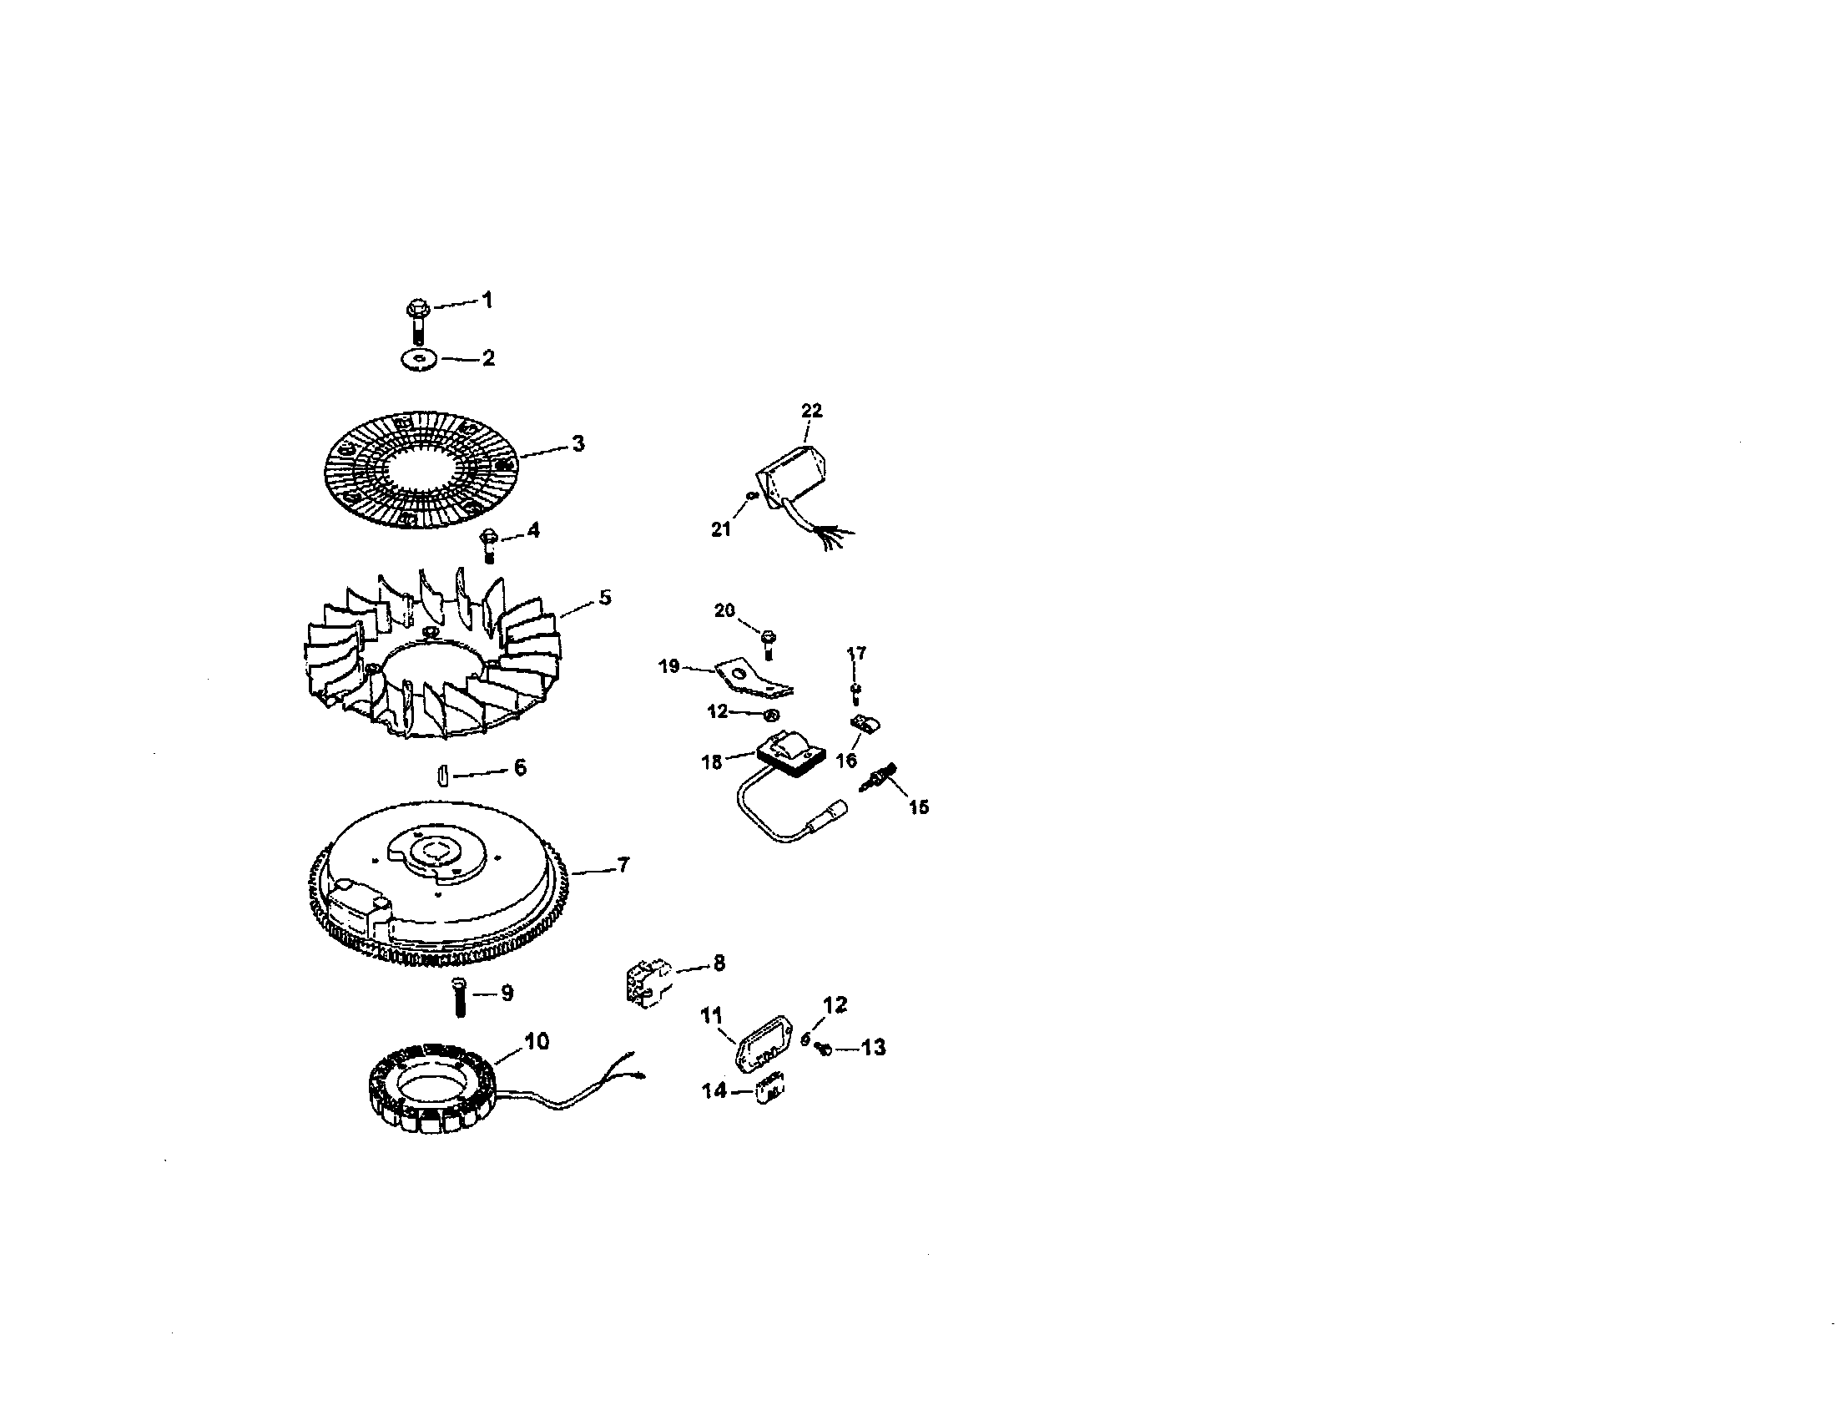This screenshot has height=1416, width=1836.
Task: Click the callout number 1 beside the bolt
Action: [x=487, y=301]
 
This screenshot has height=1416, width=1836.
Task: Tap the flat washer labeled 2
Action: [x=420, y=360]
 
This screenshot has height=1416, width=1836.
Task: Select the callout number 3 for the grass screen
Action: [x=578, y=443]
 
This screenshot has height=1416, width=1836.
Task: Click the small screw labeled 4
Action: [x=489, y=544]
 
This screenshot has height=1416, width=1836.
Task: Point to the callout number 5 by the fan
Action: [x=605, y=597]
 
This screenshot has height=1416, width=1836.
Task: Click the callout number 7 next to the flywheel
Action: [x=623, y=864]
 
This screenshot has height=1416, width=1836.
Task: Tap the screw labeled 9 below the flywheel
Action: [x=459, y=998]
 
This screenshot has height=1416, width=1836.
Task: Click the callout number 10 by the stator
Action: [x=537, y=1041]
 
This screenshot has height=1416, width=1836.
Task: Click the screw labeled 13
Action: [x=825, y=1049]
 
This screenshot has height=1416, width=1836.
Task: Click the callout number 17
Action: [x=855, y=654]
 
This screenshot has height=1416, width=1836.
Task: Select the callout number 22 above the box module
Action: [x=811, y=410]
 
